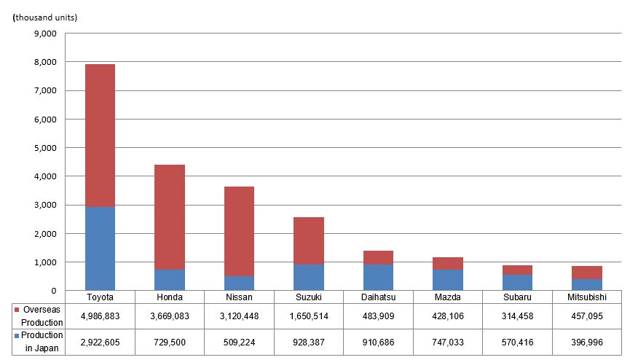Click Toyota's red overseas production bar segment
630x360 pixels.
100,136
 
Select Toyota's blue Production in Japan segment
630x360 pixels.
100,249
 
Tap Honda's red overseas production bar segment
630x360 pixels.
170,217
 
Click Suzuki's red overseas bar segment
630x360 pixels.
310,240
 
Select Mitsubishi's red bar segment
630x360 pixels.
588,273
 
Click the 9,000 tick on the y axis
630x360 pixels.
45,34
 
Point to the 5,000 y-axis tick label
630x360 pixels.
45,148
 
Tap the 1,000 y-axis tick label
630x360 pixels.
45,262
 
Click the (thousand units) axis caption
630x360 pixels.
44,17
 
